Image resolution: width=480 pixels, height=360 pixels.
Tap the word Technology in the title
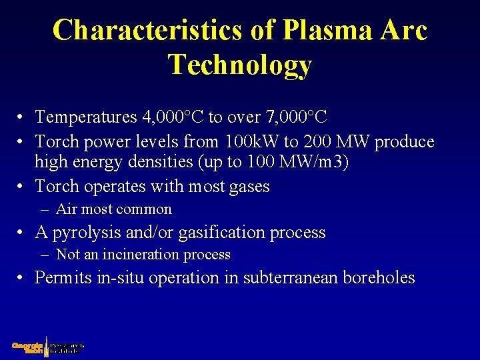click(240, 65)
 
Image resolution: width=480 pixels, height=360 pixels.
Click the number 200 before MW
click(309, 142)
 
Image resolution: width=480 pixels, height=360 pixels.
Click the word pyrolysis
click(85, 233)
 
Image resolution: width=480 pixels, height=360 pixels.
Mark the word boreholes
click(378, 278)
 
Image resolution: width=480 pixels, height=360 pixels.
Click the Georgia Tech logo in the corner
click(47, 346)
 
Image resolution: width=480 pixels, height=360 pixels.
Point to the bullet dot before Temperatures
click(22, 118)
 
